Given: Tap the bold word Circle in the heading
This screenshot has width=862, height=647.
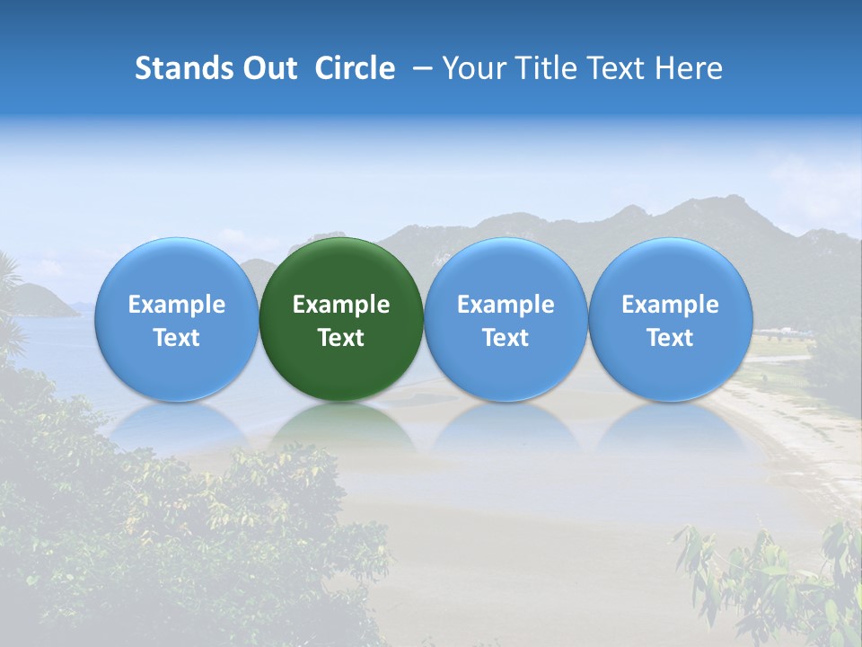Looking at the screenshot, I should (355, 68).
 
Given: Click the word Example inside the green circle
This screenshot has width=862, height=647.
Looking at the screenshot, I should (341, 305).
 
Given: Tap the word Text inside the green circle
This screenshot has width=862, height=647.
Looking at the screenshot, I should (341, 338).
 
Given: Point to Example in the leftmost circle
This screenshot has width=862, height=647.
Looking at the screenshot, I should (177, 305).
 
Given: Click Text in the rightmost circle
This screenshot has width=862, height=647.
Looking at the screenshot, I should (671, 338).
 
